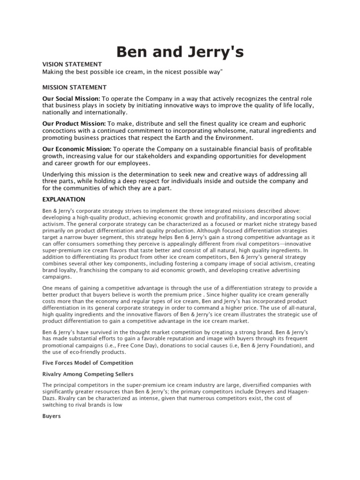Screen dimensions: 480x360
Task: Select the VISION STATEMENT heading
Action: (x=72, y=64)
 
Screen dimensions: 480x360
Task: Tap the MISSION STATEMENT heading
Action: (x=75, y=87)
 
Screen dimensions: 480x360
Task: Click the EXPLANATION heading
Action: (x=64, y=199)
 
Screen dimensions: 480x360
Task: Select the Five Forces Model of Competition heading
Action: (x=88, y=363)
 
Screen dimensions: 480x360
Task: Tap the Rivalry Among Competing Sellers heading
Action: (x=88, y=374)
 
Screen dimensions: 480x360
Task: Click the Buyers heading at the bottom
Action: (x=52, y=416)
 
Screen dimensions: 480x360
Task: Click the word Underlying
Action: (x=58, y=174)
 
